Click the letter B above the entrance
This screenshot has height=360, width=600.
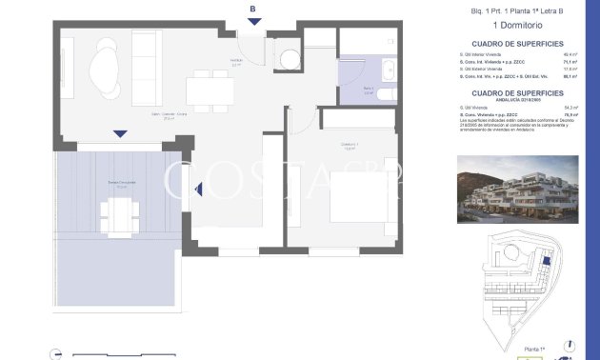tap(251, 10)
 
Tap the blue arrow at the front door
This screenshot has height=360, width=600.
tap(251, 23)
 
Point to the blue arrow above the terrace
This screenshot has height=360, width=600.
tap(119, 133)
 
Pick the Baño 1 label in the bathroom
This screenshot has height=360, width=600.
tap(369, 90)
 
